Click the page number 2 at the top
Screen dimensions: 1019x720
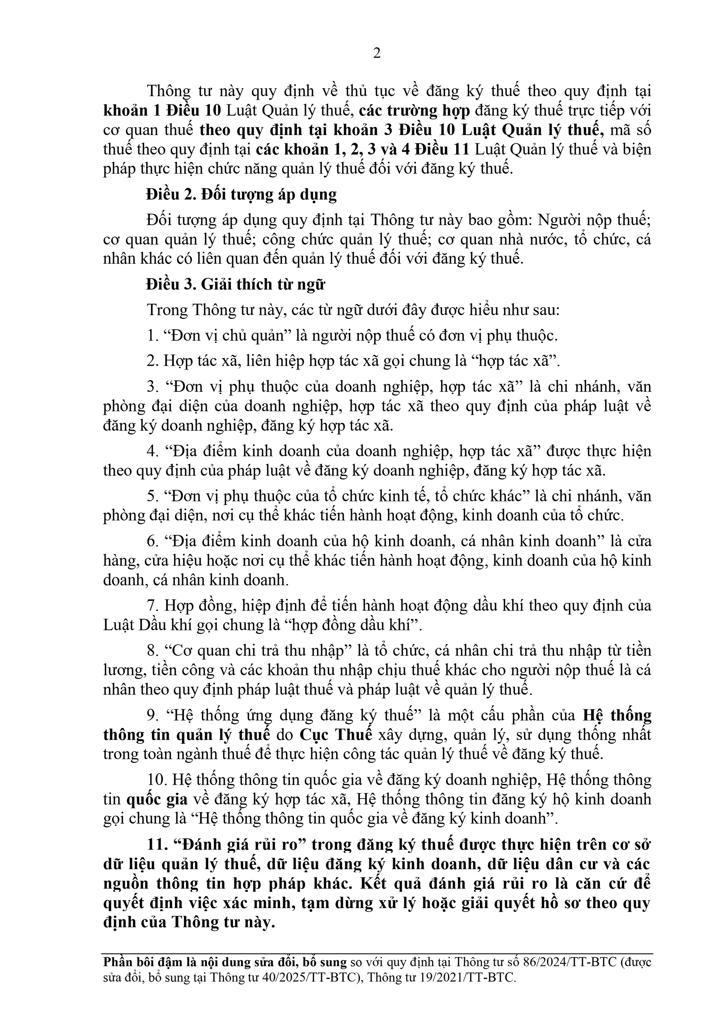pos(377,53)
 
